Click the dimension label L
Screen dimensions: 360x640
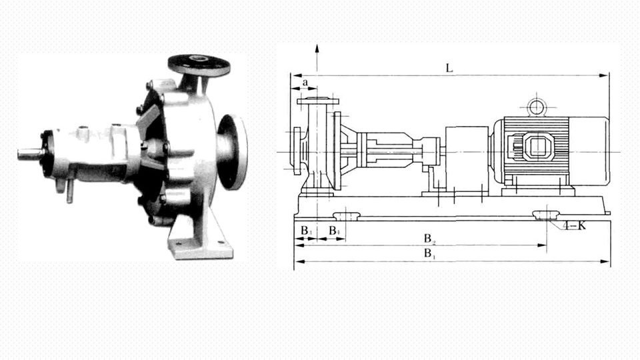(x=450, y=67)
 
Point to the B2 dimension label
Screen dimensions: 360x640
(x=430, y=238)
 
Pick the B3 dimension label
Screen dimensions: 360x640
(x=305, y=231)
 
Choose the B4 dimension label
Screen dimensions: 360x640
(x=335, y=231)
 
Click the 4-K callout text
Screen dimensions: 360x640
(x=574, y=225)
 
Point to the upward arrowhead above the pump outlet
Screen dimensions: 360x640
(x=317, y=49)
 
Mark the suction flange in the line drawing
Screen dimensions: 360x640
(x=297, y=151)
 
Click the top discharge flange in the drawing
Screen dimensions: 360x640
(x=317, y=101)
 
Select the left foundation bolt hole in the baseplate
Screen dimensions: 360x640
(x=346, y=215)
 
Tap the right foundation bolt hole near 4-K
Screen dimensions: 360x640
(x=546, y=215)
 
